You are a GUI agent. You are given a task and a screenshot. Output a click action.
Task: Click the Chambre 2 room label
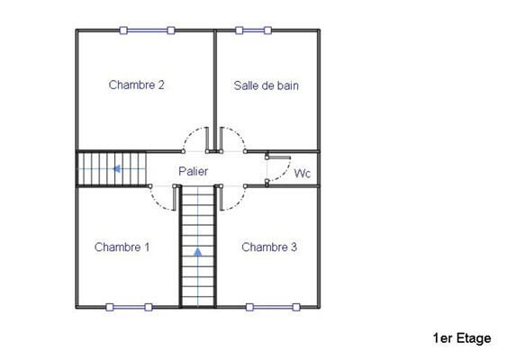136,85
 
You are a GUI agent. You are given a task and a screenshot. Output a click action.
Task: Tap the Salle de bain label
266,85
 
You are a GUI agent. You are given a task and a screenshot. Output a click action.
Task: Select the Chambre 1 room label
122,247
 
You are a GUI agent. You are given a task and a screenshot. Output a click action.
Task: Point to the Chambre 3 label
269,247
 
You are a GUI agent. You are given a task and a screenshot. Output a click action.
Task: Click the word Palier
193,170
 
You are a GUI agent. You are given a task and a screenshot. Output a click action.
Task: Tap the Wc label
303,174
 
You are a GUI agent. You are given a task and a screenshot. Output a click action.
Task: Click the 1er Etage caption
461,338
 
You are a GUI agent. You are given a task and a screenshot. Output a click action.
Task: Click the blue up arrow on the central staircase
198,252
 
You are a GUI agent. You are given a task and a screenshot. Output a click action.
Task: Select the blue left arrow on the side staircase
116,167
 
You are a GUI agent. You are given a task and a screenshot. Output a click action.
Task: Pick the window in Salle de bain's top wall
253,31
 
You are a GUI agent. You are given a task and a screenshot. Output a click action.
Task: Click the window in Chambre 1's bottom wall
128,307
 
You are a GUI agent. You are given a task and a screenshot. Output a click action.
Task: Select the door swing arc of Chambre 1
163,199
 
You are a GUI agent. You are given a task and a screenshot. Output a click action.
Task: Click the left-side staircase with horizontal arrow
111,168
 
